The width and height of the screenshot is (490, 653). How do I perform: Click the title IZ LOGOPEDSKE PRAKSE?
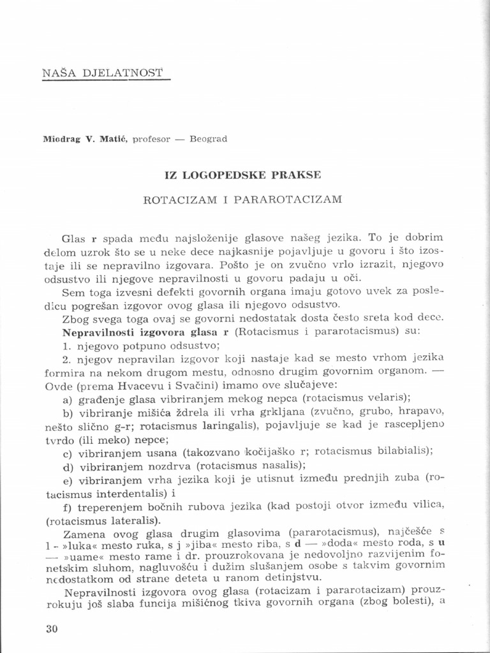click(242, 173)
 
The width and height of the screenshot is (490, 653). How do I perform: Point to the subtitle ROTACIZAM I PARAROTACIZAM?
click(242, 199)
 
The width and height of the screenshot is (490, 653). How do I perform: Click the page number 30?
click(52, 628)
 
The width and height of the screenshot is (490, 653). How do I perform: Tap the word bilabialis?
click(402, 450)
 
